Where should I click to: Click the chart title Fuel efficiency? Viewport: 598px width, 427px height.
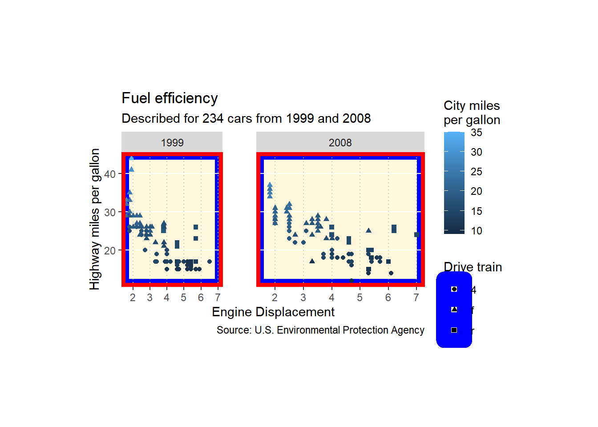pyautogui.click(x=170, y=98)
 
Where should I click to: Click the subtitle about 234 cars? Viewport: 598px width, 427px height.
pyautogui.click(x=246, y=119)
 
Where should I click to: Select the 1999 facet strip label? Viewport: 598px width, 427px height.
pyautogui.click(x=172, y=143)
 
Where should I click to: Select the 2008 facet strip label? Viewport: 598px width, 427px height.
pyautogui.click(x=340, y=143)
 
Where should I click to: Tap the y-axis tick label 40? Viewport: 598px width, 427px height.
pyautogui.click(x=109, y=174)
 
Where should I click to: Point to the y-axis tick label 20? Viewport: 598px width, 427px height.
pyautogui.click(x=109, y=251)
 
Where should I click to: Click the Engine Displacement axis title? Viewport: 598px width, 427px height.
pyautogui.click(x=273, y=312)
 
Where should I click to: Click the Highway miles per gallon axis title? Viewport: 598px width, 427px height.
pyautogui.click(x=94, y=219)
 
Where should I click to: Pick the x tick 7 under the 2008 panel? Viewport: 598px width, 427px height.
pyautogui.click(x=416, y=298)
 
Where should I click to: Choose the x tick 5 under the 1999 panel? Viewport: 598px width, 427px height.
pyautogui.click(x=183, y=298)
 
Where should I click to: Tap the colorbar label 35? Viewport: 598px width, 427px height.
pyautogui.click(x=477, y=133)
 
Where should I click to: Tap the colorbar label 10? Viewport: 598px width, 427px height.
pyautogui.click(x=477, y=231)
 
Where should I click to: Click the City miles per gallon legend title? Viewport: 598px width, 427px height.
pyautogui.click(x=472, y=113)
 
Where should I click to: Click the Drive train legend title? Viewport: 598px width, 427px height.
pyautogui.click(x=473, y=267)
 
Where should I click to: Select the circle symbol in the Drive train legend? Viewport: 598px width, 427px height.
pyautogui.click(x=454, y=289)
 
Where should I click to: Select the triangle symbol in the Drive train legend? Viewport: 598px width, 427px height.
pyautogui.click(x=454, y=310)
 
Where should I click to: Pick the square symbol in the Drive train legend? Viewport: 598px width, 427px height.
pyautogui.click(x=454, y=330)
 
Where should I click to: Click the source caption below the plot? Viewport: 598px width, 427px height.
pyautogui.click(x=320, y=330)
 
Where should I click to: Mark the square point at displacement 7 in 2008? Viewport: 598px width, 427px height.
pyautogui.click(x=416, y=235)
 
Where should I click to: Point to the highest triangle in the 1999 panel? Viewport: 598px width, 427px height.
pyautogui.click(x=131, y=158)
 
